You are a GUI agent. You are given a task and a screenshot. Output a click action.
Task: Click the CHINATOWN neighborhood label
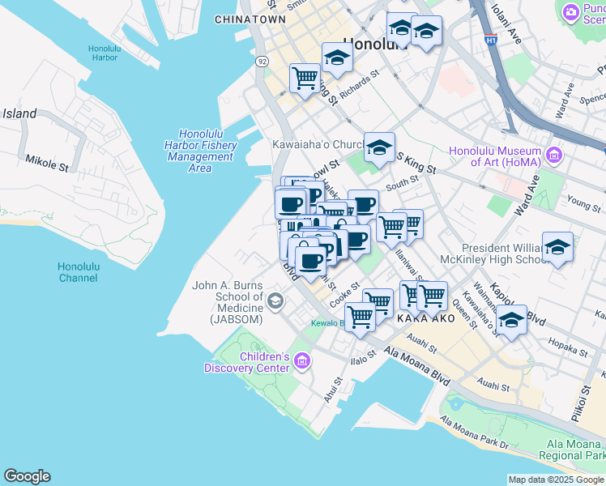(250, 19)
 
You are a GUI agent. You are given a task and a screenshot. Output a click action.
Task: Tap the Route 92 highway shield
(261, 62)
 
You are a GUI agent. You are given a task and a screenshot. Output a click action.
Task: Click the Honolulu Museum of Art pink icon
(553, 154)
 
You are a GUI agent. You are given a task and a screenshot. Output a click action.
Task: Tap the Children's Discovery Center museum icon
(302, 360)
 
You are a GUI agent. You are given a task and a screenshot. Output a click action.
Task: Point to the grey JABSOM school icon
(275, 302)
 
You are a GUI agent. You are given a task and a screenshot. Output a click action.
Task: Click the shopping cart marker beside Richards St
(305, 79)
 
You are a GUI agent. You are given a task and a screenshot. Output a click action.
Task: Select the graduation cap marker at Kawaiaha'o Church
(378, 147)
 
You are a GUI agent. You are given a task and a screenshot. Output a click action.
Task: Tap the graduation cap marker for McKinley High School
(557, 247)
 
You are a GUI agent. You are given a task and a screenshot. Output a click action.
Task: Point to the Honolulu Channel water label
(79, 272)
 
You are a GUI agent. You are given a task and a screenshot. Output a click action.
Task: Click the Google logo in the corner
(27, 476)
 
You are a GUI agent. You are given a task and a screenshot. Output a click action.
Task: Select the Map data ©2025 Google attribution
(556, 480)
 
